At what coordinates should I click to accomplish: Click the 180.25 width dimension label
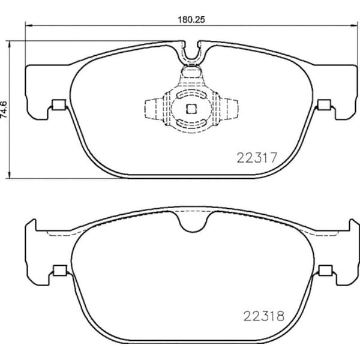(191, 19)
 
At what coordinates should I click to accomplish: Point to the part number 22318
(263, 315)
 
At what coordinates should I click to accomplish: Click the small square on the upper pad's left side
(58, 105)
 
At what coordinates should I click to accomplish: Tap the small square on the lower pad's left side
(58, 270)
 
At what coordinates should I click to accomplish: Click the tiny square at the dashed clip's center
(191, 109)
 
